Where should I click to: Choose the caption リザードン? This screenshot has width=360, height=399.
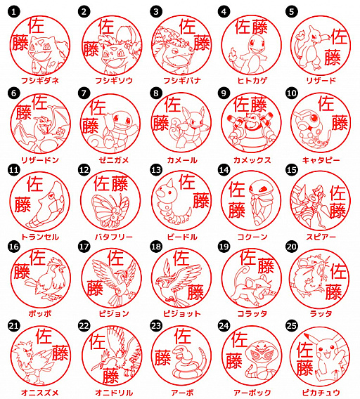[x=39, y=159]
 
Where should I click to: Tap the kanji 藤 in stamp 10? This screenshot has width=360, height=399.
[x=340, y=123]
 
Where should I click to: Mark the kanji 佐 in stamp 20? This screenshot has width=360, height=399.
[x=339, y=271]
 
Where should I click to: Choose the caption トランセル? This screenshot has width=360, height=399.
[x=39, y=237]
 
